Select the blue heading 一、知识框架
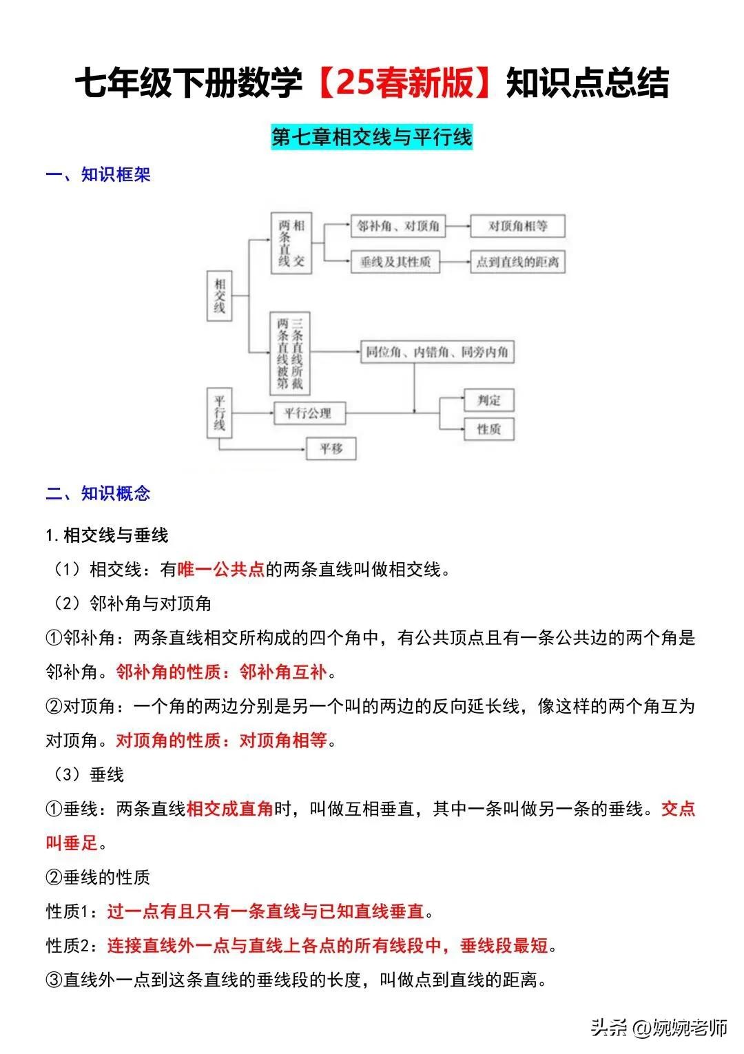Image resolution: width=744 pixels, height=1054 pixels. pos(98,175)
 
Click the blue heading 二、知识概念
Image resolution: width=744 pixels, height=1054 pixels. pos(98,493)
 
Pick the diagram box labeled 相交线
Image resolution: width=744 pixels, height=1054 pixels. pos(219,296)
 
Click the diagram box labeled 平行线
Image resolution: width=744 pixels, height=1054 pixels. pos(219,413)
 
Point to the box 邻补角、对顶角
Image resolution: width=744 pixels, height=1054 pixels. pos(398,226)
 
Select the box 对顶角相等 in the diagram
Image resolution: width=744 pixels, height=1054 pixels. pos(517,226)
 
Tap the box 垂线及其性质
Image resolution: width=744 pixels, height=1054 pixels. pos(395,262)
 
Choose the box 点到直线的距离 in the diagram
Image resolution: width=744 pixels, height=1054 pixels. pos(517,262)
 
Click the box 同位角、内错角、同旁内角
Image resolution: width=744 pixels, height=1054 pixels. pos(437,352)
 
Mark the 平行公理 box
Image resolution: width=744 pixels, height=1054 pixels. pos(309,413)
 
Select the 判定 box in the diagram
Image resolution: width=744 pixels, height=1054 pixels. pos(488,400)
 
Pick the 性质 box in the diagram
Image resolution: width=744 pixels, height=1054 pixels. pos(488,429)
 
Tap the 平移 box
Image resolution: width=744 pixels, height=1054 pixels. pos(331,449)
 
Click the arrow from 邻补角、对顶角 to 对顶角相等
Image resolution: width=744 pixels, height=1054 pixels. pos(458,226)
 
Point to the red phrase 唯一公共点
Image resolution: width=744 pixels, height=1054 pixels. pos(221,570)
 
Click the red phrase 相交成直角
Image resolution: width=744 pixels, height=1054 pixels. pos(230,808)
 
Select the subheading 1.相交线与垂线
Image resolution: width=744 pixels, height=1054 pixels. pos(107,535)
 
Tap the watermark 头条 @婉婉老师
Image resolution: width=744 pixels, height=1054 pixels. pos(659,1029)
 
